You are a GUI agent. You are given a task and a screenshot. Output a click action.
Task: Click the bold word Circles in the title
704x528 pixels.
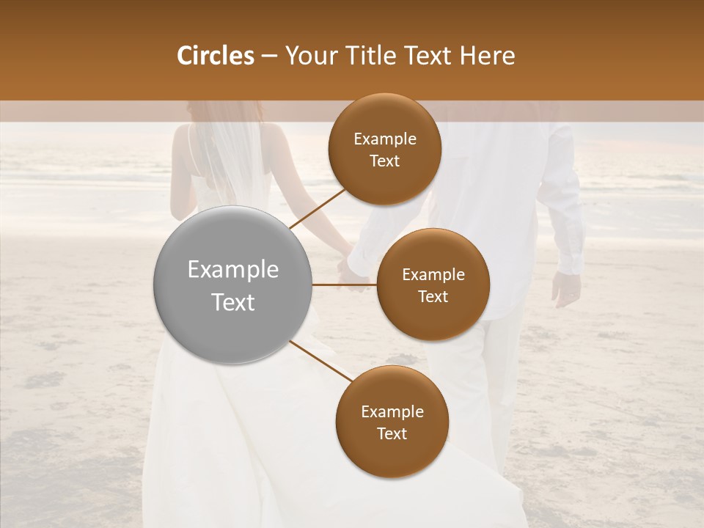click(x=216, y=56)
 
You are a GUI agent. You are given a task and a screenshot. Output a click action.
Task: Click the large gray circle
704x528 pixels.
click(x=232, y=285)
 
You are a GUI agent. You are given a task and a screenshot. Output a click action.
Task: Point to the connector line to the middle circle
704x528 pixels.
click(x=344, y=285)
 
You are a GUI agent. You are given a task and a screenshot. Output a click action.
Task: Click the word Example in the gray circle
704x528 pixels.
click(x=232, y=270)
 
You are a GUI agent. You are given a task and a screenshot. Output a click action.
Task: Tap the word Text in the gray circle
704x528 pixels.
click(x=232, y=302)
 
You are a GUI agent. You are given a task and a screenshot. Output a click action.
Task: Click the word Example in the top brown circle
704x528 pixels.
click(x=384, y=139)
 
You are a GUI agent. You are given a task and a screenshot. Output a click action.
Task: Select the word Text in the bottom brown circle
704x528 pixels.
click(x=392, y=433)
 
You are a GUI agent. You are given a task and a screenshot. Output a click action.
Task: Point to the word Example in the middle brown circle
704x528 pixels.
click(x=433, y=275)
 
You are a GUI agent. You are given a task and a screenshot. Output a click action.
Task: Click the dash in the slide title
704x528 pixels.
click(x=269, y=56)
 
